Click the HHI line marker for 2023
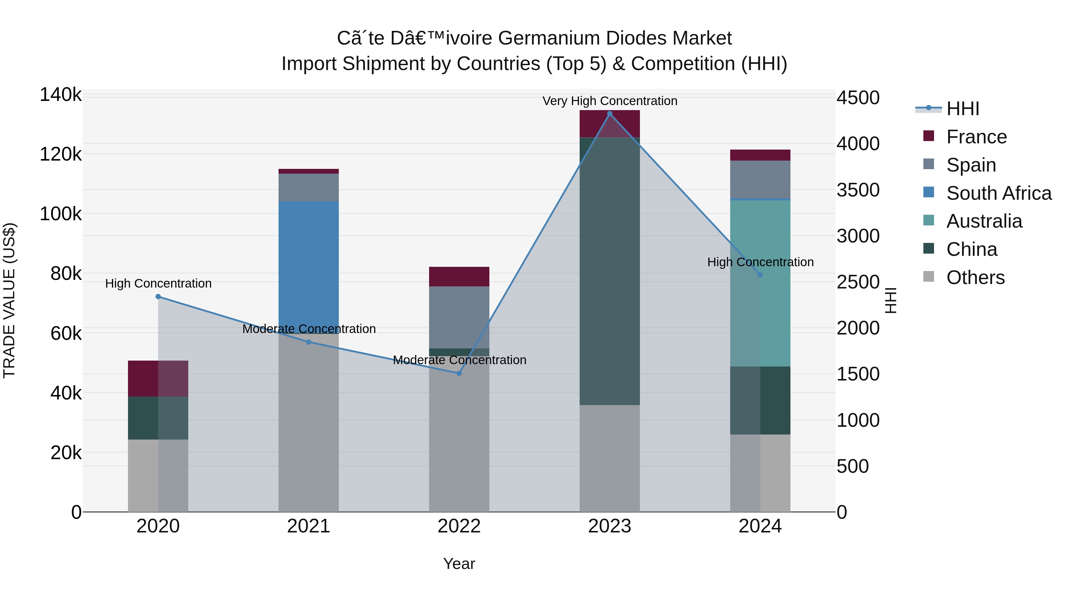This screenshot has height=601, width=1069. (x=610, y=114)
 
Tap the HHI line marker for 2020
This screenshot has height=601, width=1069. (x=158, y=296)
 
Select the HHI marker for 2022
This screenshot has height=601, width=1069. (x=459, y=373)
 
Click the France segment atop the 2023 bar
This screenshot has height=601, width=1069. (x=610, y=123)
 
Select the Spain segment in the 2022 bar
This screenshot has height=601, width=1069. (x=459, y=317)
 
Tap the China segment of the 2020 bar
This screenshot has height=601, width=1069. (x=158, y=418)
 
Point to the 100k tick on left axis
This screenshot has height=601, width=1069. (x=61, y=214)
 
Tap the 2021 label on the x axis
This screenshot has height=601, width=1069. (x=308, y=526)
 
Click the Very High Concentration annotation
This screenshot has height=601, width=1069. (x=610, y=101)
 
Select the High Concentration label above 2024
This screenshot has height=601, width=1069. (x=760, y=262)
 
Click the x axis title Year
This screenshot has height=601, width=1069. (x=459, y=564)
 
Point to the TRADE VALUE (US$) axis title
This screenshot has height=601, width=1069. (x=9, y=300)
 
